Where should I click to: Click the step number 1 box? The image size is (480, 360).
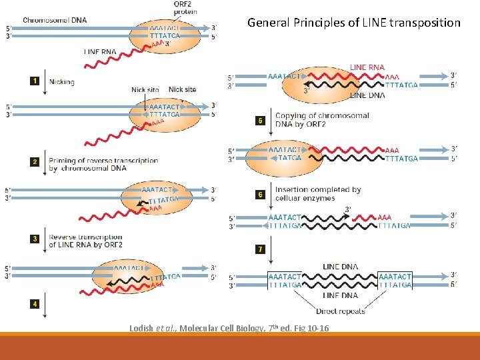(33, 81)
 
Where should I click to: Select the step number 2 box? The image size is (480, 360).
(33, 161)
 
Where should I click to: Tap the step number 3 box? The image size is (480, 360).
(33, 238)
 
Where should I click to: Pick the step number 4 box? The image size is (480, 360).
(33, 304)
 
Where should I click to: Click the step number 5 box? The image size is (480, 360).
(261, 121)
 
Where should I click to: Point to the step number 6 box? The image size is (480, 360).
(261, 195)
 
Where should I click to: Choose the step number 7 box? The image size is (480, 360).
(261, 249)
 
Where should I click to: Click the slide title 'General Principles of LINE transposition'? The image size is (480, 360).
(353, 23)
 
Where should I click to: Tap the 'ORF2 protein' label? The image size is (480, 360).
(183, 9)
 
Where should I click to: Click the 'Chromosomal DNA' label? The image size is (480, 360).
(55, 19)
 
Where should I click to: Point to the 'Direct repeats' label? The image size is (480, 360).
(341, 311)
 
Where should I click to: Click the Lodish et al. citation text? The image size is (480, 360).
(229, 328)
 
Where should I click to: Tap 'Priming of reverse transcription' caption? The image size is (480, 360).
(103, 160)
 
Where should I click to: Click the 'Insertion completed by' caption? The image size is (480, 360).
(317, 189)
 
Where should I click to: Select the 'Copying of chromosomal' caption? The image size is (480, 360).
(322, 116)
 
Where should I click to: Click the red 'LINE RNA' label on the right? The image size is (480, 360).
(367, 67)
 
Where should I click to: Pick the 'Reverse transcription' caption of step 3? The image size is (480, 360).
(85, 237)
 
